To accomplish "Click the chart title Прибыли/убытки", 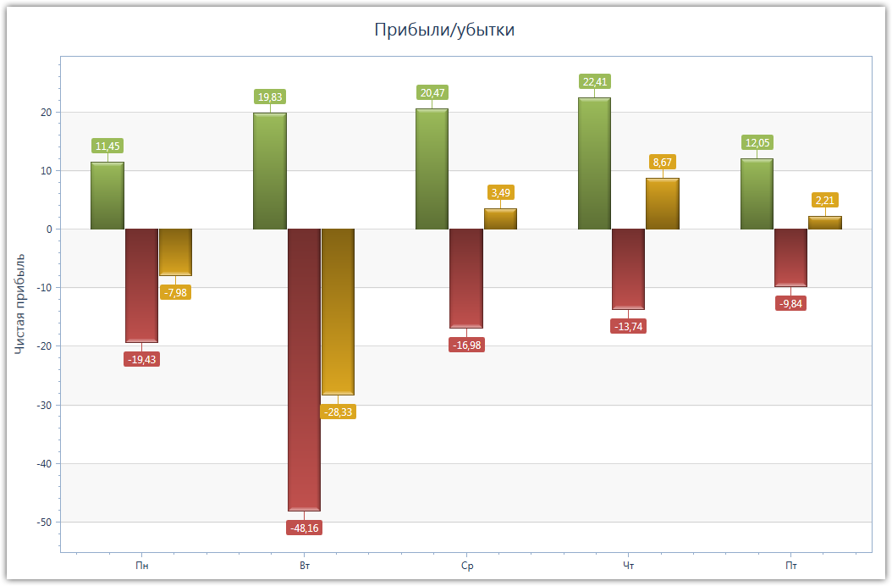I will point(445,30).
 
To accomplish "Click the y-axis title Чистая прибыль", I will point(20,303).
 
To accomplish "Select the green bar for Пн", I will point(107,196).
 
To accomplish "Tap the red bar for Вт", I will point(304,369).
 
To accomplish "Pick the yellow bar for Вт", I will point(338,312).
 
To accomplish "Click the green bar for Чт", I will point(594,163).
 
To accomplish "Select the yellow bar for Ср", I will point(500,218).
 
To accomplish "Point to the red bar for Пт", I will point(790,257).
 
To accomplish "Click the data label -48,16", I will point(304,528).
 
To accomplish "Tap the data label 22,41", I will point(595,82).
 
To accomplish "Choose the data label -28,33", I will point(338,412).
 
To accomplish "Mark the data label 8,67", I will point(663,162).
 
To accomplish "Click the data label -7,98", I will point(175,292).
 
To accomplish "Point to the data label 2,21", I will point(825,201).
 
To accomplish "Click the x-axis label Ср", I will point(466,566).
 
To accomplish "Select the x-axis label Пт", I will point(791,566).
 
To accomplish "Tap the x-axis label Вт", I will point(304,566).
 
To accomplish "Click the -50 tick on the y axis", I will point(42,522).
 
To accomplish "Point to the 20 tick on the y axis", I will point(46,113).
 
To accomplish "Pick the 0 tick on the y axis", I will point(49,229).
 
